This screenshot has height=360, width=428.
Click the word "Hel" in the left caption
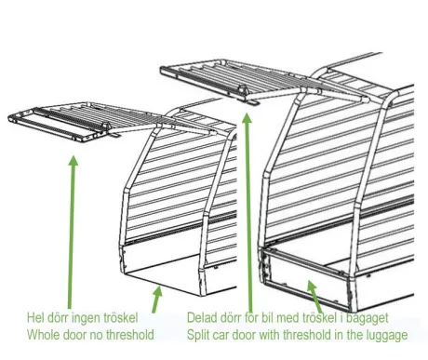pyautogui.click(x=35, y=317)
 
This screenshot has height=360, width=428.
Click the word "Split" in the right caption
pyautogui.click(x=196, y=336)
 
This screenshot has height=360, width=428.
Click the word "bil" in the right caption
pyautogui.click(x=267, y=317)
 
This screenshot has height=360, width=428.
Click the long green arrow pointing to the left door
pyautogui.click(x=72, y=232)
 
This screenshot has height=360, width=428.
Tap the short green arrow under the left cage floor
pyautogui.click(x=157, y=299)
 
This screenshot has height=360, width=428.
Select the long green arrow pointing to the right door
pyautogui.click(x=248, y=213)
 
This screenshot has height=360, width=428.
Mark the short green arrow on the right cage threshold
pyautogui.click(x=314, y=296)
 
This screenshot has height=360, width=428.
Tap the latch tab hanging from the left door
pyautogui.click(x=114, y=135)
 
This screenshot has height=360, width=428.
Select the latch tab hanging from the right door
pyautogui.click(x=253, y=102)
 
